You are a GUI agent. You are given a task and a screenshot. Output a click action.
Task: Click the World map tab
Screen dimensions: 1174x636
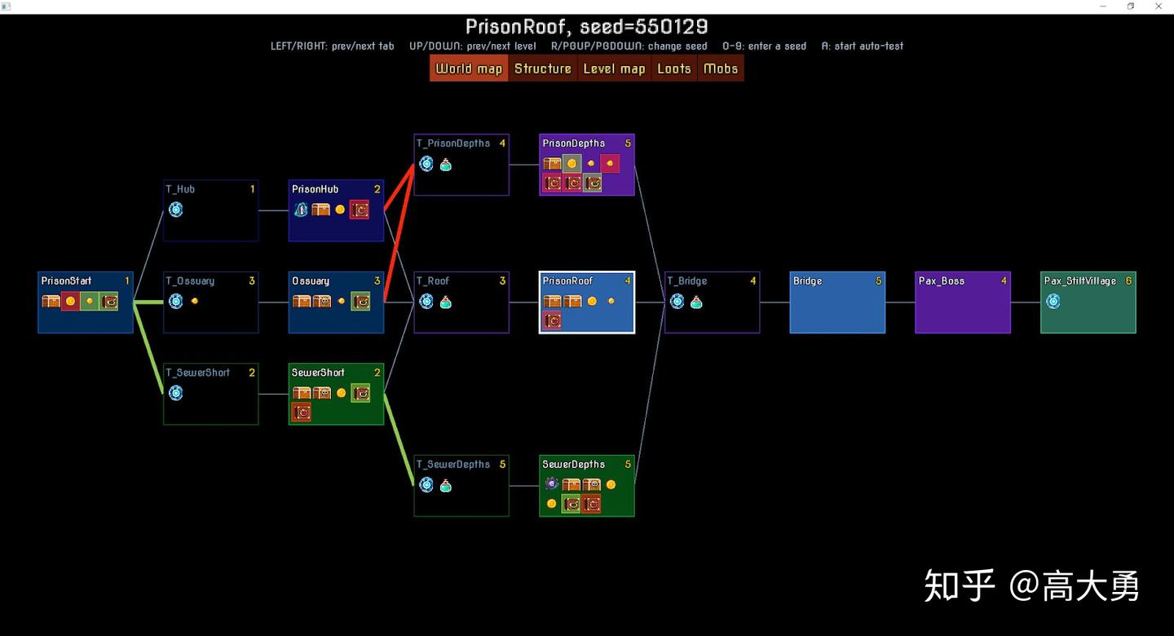tap(469, 68)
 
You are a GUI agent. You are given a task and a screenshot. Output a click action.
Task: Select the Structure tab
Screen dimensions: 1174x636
tap(542, 68)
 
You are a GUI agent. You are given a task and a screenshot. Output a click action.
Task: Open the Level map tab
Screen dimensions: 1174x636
tap(614, 68)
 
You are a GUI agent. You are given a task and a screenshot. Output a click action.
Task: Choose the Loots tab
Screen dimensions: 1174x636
tap(674, 68)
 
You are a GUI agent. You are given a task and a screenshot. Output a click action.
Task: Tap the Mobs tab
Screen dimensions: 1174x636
tap(721, 68)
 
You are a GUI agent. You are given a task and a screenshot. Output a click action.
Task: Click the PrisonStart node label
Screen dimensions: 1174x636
tap(66, 281)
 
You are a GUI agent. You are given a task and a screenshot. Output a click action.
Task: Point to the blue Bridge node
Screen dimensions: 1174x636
tap(837, 303)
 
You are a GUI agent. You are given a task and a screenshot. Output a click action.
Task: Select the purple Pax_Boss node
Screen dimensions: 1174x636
tap(963, 303)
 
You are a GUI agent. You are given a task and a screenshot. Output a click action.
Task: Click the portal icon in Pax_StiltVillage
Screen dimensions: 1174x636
tap(1053, 302)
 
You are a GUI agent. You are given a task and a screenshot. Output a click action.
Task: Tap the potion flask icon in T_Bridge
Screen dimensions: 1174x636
tap(696, 302)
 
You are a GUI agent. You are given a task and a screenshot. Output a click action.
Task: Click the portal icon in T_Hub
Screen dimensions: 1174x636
tap(175, 210)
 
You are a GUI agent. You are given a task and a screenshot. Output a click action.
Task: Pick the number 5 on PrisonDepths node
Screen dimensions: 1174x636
tap(628, 144)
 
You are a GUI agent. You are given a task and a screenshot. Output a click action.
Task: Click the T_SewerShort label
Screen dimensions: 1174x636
tap(197, 373)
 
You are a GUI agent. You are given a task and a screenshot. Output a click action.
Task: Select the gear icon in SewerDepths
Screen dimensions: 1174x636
tap(551, 484)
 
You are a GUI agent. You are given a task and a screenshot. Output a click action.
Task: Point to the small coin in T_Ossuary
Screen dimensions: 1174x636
tap(194, 301)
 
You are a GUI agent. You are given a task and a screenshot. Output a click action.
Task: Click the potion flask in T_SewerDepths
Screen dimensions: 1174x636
tap(445, 485)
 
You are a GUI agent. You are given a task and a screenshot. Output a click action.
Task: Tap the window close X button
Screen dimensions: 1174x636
tap(1159, 7)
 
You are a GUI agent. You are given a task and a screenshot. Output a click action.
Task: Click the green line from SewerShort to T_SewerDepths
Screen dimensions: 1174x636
tap(399, 439)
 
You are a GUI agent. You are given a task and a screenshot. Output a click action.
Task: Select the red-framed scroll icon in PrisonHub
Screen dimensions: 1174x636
tap(360, 210)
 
